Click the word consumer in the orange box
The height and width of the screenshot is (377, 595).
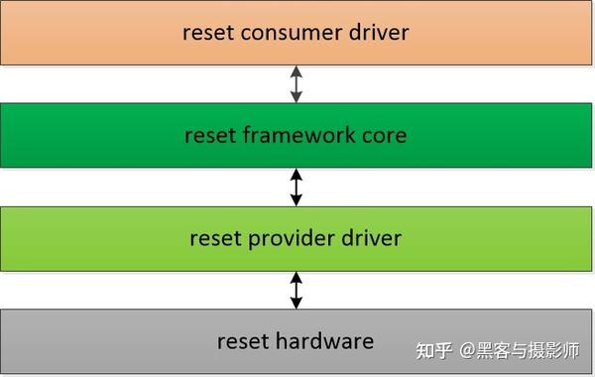[292, 32]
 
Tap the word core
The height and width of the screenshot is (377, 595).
[385, 135]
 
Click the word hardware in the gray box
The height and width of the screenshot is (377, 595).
[324, 341]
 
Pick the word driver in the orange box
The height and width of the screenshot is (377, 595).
[375, 32]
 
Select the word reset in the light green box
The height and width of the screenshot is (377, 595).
[214, 238]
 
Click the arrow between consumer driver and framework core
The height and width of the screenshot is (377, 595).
[296, 83]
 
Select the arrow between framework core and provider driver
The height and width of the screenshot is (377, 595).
[296, 187]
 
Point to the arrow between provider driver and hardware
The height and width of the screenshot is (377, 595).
[296, 289]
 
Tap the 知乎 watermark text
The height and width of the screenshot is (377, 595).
[434, 350]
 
